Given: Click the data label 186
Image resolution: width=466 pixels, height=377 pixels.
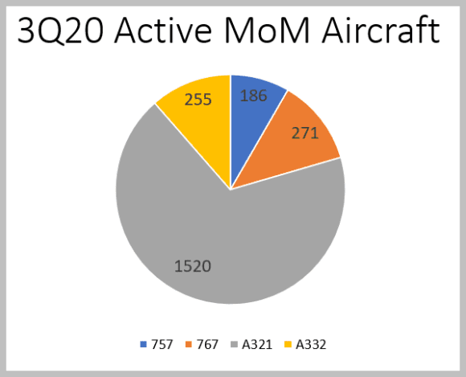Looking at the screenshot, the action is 254,96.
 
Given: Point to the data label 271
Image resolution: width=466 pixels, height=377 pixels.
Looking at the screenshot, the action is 305,133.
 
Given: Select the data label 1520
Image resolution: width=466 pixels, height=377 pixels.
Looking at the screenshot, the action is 193,266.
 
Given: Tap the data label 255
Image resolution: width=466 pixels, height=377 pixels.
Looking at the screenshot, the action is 198,100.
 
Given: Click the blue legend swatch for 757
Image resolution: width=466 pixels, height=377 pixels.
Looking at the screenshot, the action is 143,344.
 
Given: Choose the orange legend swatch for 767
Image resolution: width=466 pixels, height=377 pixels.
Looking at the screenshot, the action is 189,344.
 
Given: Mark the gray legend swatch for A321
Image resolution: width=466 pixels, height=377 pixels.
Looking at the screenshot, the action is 235,344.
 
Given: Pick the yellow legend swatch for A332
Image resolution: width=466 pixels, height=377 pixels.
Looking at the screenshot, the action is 288,344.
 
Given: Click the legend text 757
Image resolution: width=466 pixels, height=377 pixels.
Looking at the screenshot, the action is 162,344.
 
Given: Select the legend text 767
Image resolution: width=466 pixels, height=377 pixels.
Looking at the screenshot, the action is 207,344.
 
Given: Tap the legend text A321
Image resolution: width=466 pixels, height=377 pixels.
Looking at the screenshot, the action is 257,344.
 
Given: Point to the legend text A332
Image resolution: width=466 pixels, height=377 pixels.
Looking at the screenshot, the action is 311,344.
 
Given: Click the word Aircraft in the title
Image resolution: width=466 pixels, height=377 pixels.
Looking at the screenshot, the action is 381,31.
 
